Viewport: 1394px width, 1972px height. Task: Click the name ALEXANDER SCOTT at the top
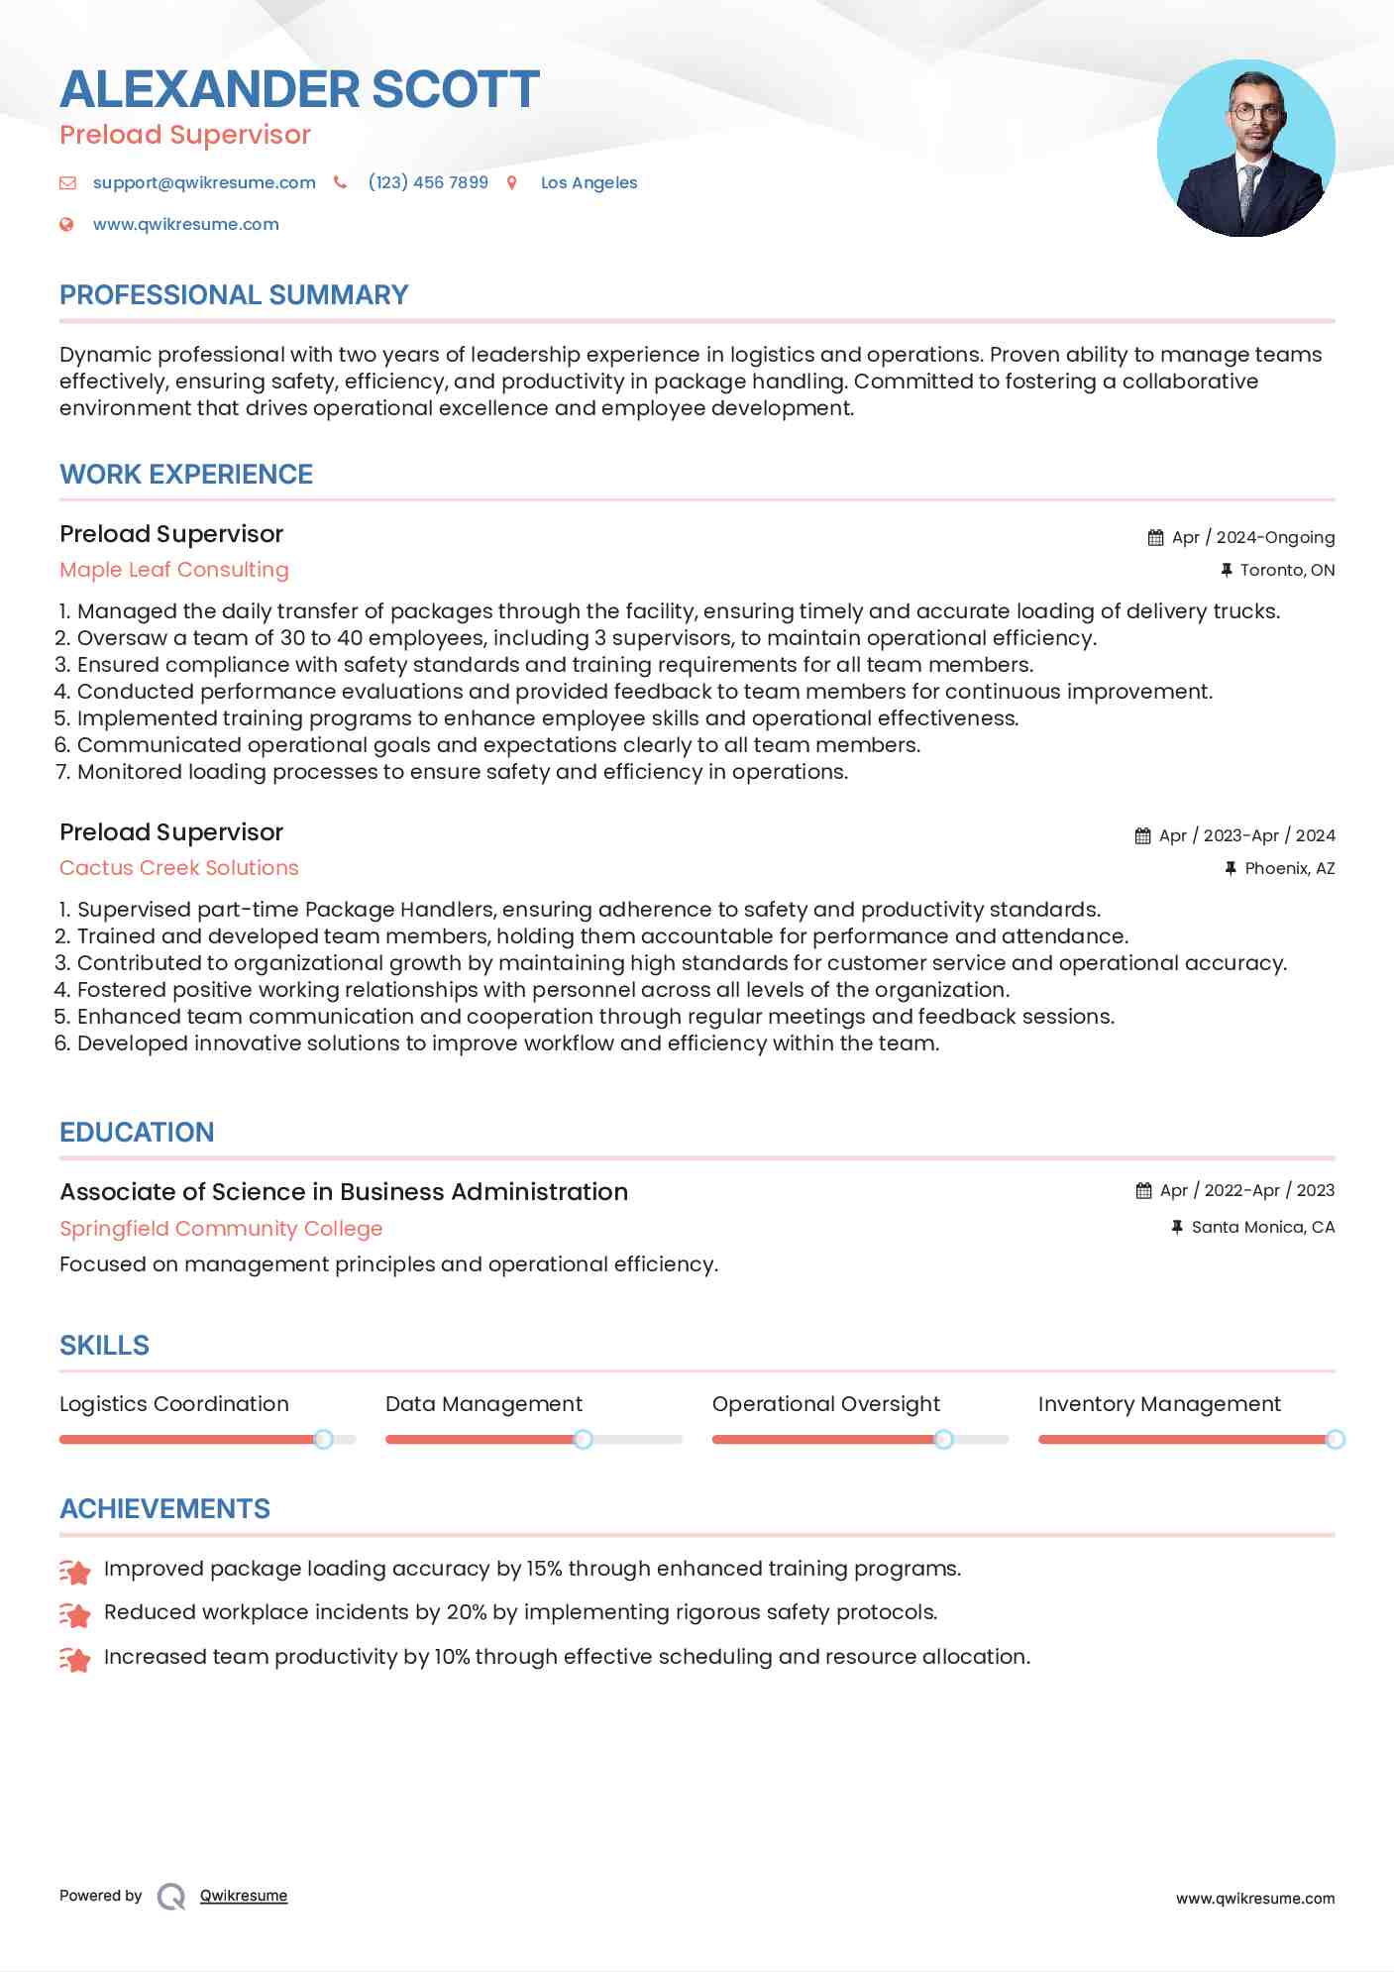pyautogui.click(x=299, y=89)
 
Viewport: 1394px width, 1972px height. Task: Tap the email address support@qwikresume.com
pyautogui.click(x=204, y=182)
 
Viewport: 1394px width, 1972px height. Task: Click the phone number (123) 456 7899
pyautogui.click(x=428, y=182)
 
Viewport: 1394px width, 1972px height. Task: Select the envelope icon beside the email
pyautogui.click(x=67, y=182)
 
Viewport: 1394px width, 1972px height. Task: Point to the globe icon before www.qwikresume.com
pyautogui.click(x=66, y=224)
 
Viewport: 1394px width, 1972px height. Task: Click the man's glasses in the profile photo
pyautogui.click(x=1256, y=111)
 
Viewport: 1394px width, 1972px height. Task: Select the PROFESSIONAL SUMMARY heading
pyautogui.click(x=234, y=295)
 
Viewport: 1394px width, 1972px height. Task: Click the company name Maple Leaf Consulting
pyautogui.click(x=174, y=570)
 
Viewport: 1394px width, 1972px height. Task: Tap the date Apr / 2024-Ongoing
pyautogui.click(x=1252, y=537)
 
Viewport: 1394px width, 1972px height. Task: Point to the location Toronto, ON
pyautogui.click(x=1287, y=570)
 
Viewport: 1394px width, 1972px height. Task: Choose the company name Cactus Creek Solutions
pyautogui.click(x=179, y=868)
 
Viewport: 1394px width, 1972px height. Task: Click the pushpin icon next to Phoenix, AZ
pyautogui.click(x=1231, y=868)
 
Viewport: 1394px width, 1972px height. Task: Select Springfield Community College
pyautogui.click(x=221, y=1229)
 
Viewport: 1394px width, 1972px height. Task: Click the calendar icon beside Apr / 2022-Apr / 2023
pyautogui.click(x=1143, y=1190)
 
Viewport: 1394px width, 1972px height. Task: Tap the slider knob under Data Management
pyautogui.click(x=584, y=1439)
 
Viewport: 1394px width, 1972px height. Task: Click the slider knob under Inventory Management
pyautogui.click(x=1336, y=1439)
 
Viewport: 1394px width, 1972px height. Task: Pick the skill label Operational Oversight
pyautogui.click(x=826, y=1404)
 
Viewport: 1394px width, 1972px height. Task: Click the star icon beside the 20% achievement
pyautogui.click(x=75, y=1614)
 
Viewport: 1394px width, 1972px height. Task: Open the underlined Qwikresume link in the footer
pyautogui.click(x=244, y=1896)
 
